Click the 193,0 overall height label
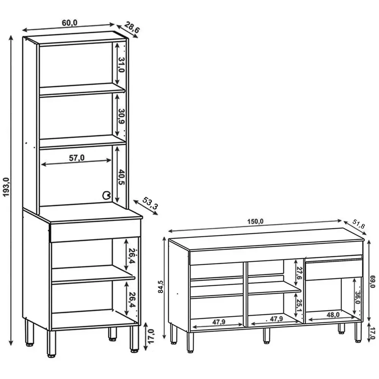pos(6,187)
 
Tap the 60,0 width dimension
pos(70,23)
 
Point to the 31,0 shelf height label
pos(122,65)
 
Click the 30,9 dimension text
pos(122,116)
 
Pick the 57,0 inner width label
pos(77,158)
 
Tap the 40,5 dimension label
pos(122,177)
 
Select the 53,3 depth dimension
pos(150,203)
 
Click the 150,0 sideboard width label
pos(255,222)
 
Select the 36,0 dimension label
pos(358,298)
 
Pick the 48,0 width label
pos(333,315)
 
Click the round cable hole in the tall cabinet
pos(106,195)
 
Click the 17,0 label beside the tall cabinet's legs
pos(151,336)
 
